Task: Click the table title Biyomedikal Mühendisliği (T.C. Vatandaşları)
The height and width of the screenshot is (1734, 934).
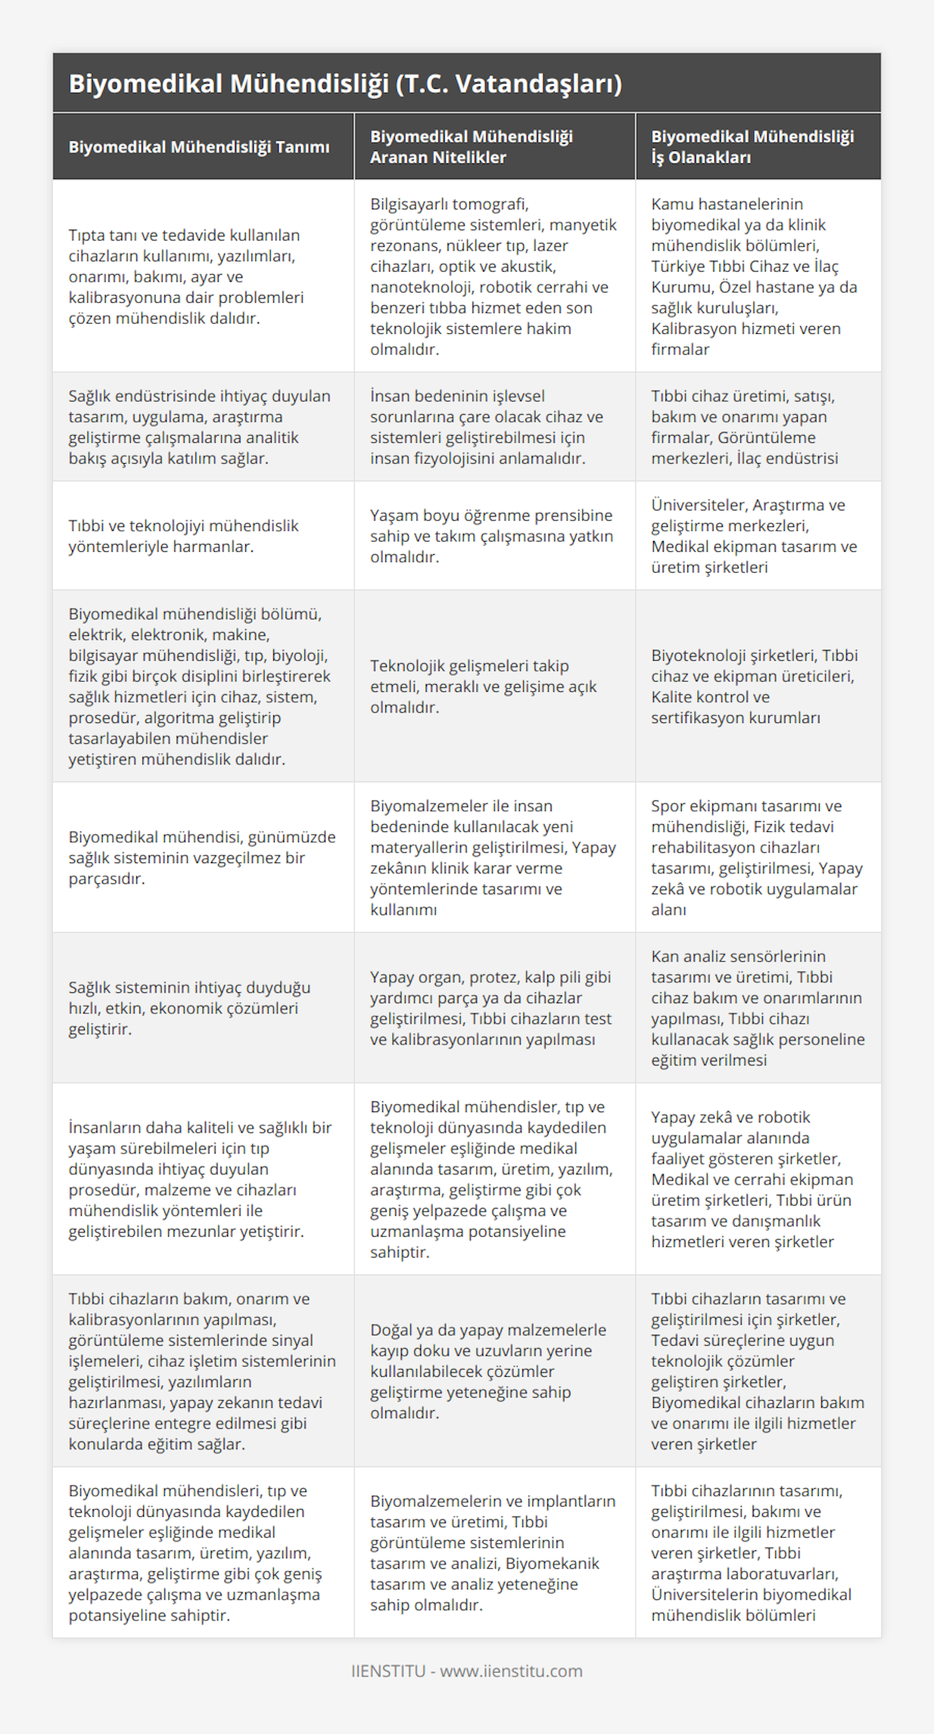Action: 345,84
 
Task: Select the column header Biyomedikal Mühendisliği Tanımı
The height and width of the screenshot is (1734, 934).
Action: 198,147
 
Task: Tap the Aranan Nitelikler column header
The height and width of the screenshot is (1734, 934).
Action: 471,147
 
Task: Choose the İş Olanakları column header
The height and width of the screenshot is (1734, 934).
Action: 752,147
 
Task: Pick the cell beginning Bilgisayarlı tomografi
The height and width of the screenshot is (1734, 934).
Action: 493,276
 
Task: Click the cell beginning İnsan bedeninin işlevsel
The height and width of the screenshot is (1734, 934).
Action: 487,427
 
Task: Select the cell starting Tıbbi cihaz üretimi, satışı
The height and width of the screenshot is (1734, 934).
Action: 744,427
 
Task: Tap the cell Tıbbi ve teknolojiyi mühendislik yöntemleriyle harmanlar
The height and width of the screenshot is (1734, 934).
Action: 184,536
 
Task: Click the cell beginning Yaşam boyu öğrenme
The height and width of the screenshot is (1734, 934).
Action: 491,536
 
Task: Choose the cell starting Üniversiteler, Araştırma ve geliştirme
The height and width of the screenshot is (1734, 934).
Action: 753,536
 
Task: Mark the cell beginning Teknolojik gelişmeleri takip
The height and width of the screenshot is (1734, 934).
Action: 483,686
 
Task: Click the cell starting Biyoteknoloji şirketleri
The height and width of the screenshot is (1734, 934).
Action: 754,686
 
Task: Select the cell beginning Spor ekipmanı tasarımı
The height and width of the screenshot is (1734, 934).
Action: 757,858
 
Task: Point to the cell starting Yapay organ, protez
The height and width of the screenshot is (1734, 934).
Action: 490,1008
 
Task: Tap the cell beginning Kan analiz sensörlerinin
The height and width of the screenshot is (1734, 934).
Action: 757,1008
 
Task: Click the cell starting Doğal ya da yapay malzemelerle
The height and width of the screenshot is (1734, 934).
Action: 488,1371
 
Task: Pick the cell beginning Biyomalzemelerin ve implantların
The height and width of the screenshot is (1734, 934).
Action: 493,1553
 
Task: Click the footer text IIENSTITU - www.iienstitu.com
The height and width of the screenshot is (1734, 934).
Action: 467,1671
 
